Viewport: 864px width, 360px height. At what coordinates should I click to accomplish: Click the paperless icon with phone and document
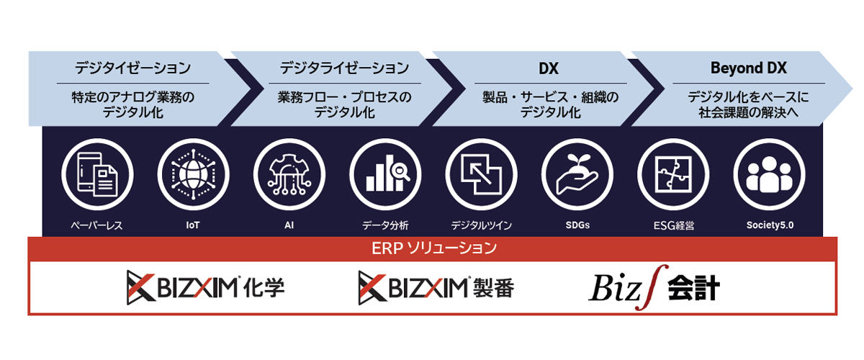coord(97,174)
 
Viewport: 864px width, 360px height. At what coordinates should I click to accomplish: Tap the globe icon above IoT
coord(193,174)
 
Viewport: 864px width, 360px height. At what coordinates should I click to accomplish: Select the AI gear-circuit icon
coord(289,174)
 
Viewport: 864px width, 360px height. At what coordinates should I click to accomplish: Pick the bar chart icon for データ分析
coord(385,174)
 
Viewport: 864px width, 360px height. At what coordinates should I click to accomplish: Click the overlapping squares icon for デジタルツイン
coord(482,174)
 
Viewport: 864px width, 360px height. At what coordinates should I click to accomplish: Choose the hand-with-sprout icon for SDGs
coord(577,174)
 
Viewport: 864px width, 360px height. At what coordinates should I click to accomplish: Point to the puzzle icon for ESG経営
coord(673,174)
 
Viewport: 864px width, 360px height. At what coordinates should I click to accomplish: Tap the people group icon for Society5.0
coord(770,174)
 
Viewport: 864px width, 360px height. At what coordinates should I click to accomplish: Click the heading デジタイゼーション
coord(132,68)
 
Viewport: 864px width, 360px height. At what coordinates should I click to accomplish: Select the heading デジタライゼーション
coord(344,68)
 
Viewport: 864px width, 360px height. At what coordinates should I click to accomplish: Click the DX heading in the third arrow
coord(549,68)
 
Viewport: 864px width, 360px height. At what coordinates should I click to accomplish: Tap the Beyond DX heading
coord(749,68)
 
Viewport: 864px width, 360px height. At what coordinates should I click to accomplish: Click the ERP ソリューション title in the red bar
coord(434,248)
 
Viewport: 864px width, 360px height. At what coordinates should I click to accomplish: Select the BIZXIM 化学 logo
coord(206,287)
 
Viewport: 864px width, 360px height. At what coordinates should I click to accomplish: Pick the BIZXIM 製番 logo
coord(436,287)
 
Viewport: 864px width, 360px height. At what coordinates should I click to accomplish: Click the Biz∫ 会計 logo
coord(654,287)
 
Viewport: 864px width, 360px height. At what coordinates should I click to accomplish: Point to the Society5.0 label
coord(770,225)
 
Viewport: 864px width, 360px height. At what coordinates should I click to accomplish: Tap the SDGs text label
coord(577,225)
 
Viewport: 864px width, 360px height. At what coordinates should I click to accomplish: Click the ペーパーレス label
coord(96,225)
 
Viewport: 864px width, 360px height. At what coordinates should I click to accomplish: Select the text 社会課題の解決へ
coord(749,112)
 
